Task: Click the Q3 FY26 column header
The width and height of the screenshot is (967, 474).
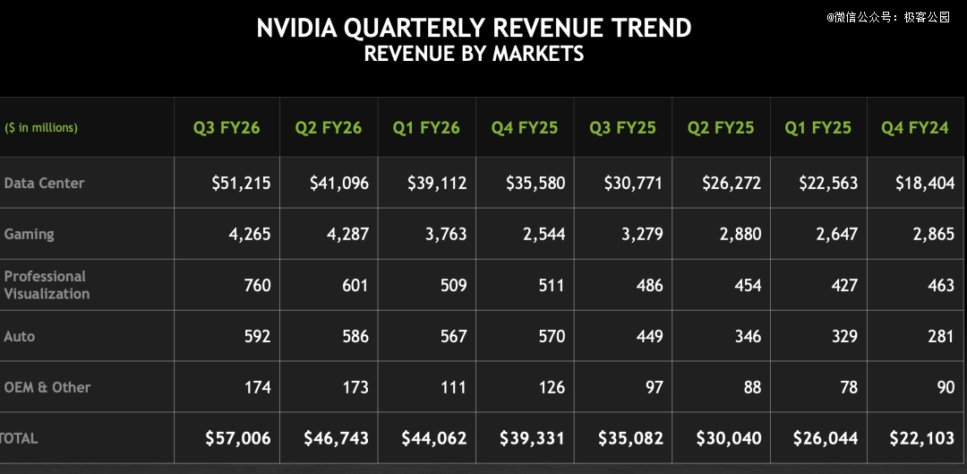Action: [x=227, y=127]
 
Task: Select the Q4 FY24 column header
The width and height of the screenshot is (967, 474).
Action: [x=914, y=127]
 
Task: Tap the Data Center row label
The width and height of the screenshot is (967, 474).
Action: [x=44, y=183]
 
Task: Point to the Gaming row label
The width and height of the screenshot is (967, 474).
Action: [x=29, y=234]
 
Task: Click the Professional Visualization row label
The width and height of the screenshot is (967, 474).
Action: [x=47, y=285]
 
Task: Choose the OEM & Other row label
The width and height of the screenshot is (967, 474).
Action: [x=47, y=387]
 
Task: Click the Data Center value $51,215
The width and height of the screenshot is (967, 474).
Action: [x=241, y=183]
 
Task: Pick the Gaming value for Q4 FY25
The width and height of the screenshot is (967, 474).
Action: [x=540, y=234]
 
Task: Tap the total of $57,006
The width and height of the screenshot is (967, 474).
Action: [x=237, y=438]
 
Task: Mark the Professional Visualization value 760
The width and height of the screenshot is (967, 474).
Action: [x=257, y=285]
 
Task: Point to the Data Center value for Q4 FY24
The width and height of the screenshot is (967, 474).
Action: [x=925, y=183]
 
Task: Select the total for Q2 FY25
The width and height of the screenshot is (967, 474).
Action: [x=729, y=438]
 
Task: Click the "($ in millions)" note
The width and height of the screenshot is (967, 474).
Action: [x=41, y=127]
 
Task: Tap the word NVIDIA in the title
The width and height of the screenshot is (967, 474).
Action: [x=296, y=28]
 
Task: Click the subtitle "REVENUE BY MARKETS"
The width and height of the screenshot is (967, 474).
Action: [x=474, y=54]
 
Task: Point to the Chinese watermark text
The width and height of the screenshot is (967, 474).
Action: [x=887, y=16]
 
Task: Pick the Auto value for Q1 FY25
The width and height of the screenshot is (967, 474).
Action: [x=843, y=336]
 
